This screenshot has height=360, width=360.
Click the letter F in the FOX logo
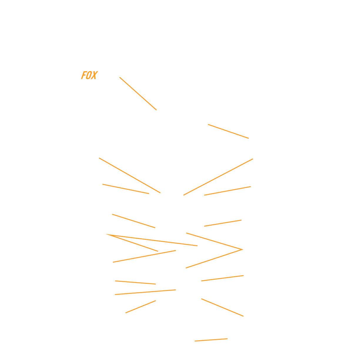tap(84, 75)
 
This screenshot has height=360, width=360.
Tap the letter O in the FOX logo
tap(89, 75)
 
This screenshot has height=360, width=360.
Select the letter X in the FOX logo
tap(94, 75)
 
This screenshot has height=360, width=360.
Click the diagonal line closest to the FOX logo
tap(138, 93)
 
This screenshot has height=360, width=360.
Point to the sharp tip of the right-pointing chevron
tap(242, 250)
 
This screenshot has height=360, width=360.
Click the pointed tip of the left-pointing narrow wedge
tap(106, 234)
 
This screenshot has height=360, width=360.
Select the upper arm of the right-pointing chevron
tap(214, 241)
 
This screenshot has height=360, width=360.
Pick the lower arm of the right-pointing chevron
tap(214, 259)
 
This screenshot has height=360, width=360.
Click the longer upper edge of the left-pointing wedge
tap(152, 240)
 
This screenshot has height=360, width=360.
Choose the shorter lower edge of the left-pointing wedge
tap(132, 243)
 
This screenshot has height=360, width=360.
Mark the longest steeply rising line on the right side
tap(218, 177)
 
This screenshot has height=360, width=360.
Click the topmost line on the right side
tap(228, 131)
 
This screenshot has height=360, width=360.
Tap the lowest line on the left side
tap(141, 307)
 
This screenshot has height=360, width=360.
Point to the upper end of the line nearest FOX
tap(120, 77)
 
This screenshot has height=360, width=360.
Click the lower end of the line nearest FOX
tap(156, 110)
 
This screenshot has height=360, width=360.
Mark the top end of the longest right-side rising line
tap(253, 159)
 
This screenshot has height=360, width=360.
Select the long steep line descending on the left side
tap(130, 175)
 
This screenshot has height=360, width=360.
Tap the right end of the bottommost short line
tap(227, 339)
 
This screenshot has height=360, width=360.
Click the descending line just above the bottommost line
tap(222, 307)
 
